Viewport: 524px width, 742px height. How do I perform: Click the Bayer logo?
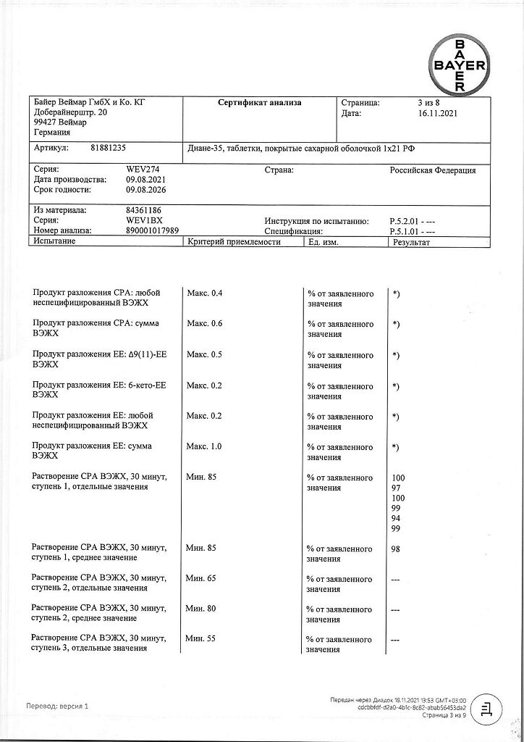click(459, 64)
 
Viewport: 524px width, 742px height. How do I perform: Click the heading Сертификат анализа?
click(260, 103)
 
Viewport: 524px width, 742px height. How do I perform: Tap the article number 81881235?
click(108, 148)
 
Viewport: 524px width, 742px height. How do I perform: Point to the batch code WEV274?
click(142, 170)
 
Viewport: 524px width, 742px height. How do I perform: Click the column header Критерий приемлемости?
click(234, 242)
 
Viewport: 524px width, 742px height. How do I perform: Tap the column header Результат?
click(411, 242)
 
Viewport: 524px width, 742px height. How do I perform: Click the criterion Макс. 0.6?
click(205, 324)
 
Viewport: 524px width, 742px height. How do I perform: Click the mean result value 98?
click(396, 549)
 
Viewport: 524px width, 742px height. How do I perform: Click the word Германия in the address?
click(53, 133)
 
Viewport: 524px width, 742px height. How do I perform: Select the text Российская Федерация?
click(433, 170)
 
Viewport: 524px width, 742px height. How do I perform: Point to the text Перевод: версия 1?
click(57, 706)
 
